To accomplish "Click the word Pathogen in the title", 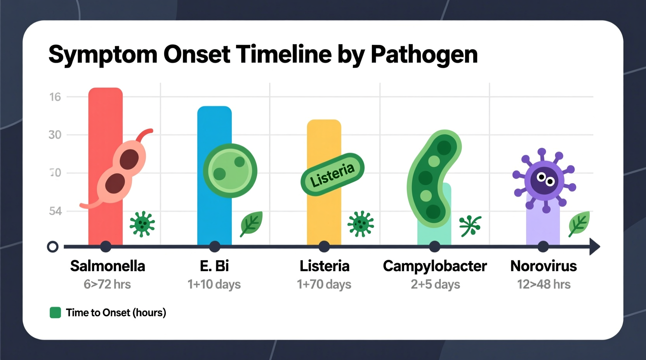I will (x=424, y=54).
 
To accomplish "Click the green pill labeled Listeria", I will (x=332, y=174).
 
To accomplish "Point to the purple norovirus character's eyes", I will (x=545, y=179).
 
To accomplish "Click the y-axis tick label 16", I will (x=55, y=97).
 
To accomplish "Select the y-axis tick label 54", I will (x=55, y=211).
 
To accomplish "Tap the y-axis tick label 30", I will (x=55, y=135).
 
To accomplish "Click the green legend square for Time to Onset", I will (x=56, y=313).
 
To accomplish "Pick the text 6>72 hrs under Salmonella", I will (x=107, y=284).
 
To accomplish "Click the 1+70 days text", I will (x=324, y=284).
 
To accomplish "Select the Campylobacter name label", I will (x=434, y=266).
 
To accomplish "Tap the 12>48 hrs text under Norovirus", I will (x=544, y=284).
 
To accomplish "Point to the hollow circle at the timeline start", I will (x=53, y=247).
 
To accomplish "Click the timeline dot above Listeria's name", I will (x=324, y=246).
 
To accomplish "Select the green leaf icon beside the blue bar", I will (x=251, y=224).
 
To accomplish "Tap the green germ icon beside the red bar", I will (x=142, y=224).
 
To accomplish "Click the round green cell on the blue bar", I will (x=230, y=171).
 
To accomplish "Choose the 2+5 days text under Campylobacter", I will (x=435, y=284).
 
